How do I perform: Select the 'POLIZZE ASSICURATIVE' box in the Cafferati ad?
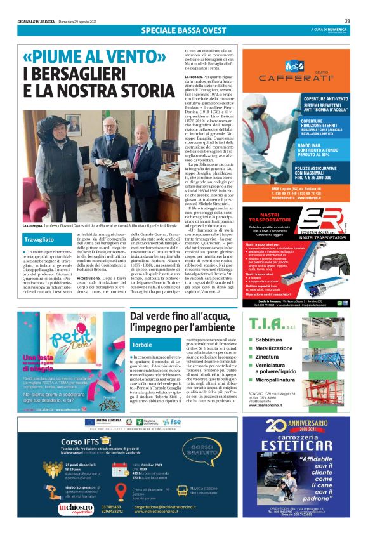point(317,172)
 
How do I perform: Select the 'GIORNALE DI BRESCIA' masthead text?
point(34,21)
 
